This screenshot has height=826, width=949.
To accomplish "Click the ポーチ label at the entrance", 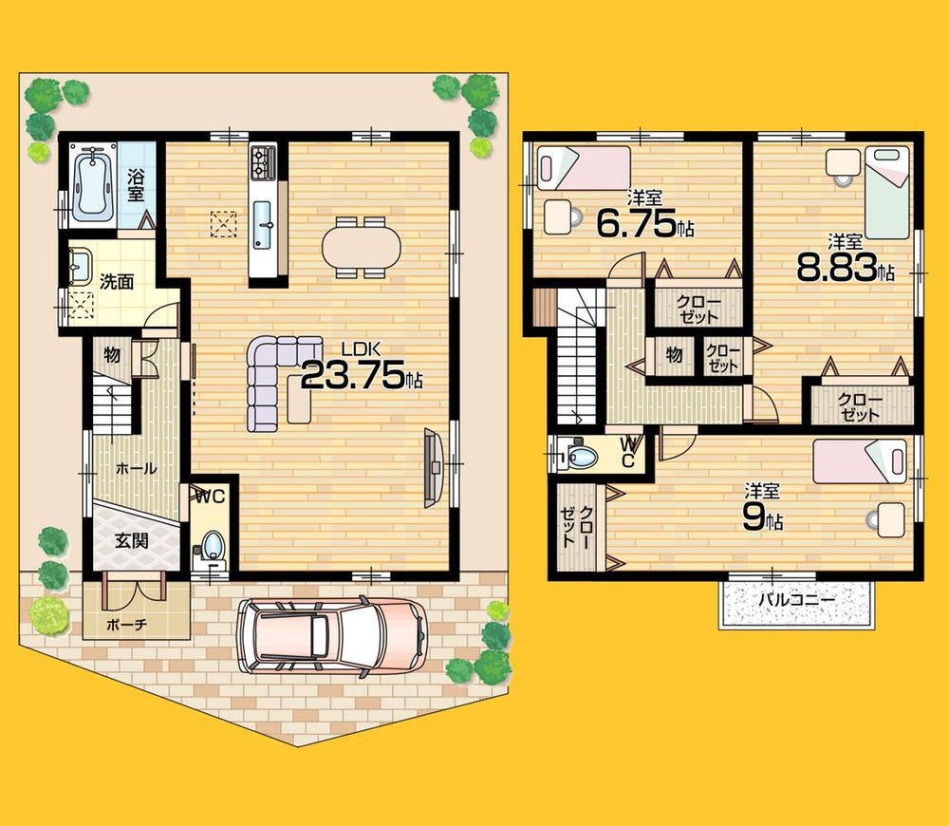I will click(127, 628).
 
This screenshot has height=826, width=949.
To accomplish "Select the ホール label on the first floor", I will click(135, 468).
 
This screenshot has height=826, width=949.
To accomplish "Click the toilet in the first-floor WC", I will click(212, 546).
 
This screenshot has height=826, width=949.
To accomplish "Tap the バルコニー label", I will click(796, 601).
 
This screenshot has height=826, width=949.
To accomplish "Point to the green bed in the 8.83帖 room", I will click(886, 193).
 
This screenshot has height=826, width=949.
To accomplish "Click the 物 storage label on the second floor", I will click(675, 355).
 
